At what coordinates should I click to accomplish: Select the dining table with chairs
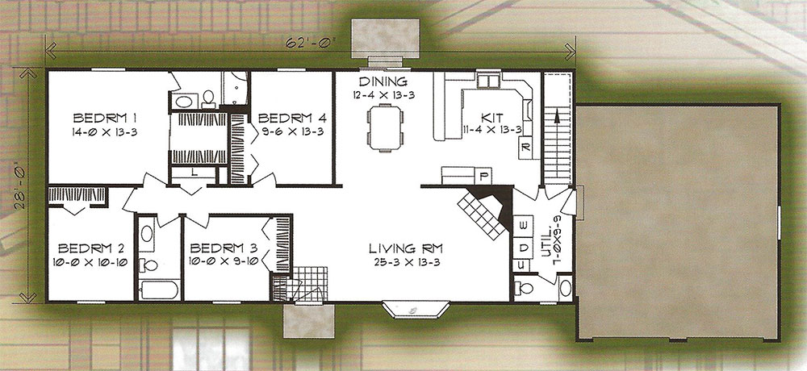[x=385, y=127]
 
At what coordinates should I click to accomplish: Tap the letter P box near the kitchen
[x=483, y=177]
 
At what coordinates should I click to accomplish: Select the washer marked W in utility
[x=524, y=225]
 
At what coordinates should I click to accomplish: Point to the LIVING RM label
[x=406, y=249]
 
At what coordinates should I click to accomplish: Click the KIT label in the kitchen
[x=492, y=118]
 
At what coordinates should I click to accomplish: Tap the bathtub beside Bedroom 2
[x=159, y=290]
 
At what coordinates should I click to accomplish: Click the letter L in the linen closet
[x=194, y=173]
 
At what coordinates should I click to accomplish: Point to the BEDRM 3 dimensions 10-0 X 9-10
[x=223, y=261]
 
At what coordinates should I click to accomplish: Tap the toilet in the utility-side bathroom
[x=525, y=289]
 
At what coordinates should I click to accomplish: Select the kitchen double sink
[x=488, y=81]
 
